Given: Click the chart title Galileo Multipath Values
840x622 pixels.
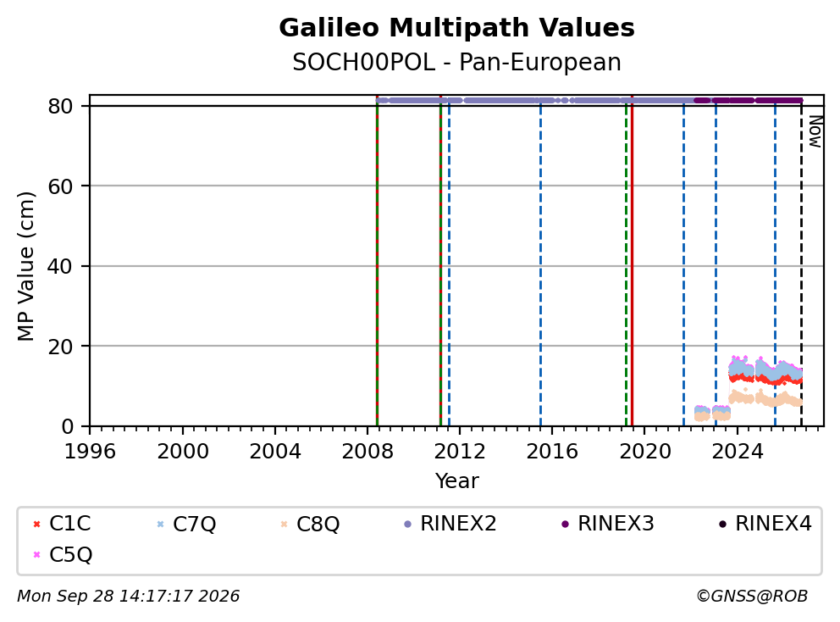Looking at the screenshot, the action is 456,28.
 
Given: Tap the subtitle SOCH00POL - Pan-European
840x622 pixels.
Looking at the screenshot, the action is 456,62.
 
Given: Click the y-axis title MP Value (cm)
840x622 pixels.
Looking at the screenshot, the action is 25,266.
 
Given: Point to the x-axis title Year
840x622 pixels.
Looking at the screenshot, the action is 456,481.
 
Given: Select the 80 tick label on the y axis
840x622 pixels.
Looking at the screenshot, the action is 60,106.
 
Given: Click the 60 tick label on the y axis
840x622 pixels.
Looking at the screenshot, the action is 60,186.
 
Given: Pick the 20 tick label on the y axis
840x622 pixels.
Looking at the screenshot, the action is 60,347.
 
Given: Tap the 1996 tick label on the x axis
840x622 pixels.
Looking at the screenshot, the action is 90,452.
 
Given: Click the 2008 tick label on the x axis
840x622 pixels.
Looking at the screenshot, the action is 367,452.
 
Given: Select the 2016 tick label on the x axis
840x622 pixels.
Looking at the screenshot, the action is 552,452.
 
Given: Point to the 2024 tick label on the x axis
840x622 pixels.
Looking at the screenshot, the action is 738,452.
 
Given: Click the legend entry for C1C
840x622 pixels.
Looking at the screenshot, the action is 62,524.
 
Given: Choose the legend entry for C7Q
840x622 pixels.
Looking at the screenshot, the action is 186,524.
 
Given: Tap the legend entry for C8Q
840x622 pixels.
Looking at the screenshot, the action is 311,524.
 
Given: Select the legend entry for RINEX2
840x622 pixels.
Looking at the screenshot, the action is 450,524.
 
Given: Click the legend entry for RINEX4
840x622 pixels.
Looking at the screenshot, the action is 765,524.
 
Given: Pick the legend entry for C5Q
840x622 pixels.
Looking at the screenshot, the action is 62,554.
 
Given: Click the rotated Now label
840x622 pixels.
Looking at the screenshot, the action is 815,131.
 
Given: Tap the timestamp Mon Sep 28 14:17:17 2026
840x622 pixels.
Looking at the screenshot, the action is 129,596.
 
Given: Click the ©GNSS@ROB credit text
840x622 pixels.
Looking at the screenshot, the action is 752,596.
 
